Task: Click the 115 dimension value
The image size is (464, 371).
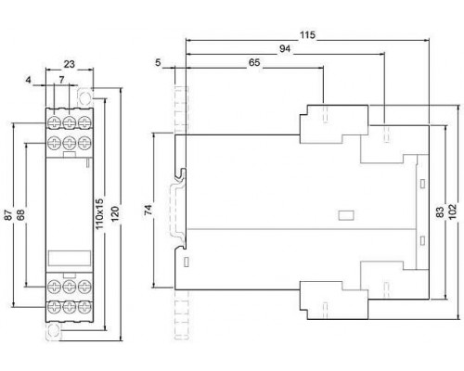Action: tap(307, 35)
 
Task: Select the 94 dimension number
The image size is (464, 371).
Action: tap(285, 49)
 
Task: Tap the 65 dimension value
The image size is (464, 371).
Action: tap(254, 63)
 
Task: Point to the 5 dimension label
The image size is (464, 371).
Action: tap(158, 63)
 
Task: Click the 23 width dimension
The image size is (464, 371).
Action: tap(70, 64)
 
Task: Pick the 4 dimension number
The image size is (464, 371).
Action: tap(29, 80)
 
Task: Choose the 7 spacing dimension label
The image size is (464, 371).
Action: tap(61, 80)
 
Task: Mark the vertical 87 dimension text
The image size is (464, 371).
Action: tap(8, 215)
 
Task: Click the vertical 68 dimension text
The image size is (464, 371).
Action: tap(20, 215)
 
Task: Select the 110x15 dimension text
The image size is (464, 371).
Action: tap(99, 214)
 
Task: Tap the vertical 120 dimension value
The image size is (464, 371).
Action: tap(115, 214)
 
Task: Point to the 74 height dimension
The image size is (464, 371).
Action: tap(148, 210)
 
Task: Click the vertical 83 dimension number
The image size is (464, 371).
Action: tap(440, 211)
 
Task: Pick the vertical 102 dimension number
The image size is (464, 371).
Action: tap(452, 211)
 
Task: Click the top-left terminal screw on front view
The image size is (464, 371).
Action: tap(55, 122)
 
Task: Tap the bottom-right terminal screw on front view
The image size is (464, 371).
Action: tap(84, 307)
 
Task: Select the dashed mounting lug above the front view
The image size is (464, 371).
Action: tap(84, 97)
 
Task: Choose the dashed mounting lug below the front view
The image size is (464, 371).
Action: tap(54, 331)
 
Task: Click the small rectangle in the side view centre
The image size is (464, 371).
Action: tap(346, 215)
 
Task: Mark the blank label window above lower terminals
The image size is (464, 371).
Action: tap(70, 258)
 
